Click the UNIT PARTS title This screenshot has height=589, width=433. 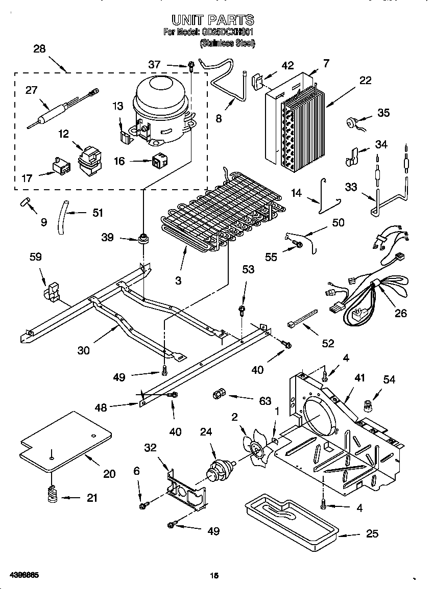coord(212,20)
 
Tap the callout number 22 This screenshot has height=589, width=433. coord(365,80)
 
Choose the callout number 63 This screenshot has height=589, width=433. coord(265,401)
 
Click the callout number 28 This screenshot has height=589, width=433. coord(39,49)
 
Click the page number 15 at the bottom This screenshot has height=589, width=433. coord(214,576)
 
